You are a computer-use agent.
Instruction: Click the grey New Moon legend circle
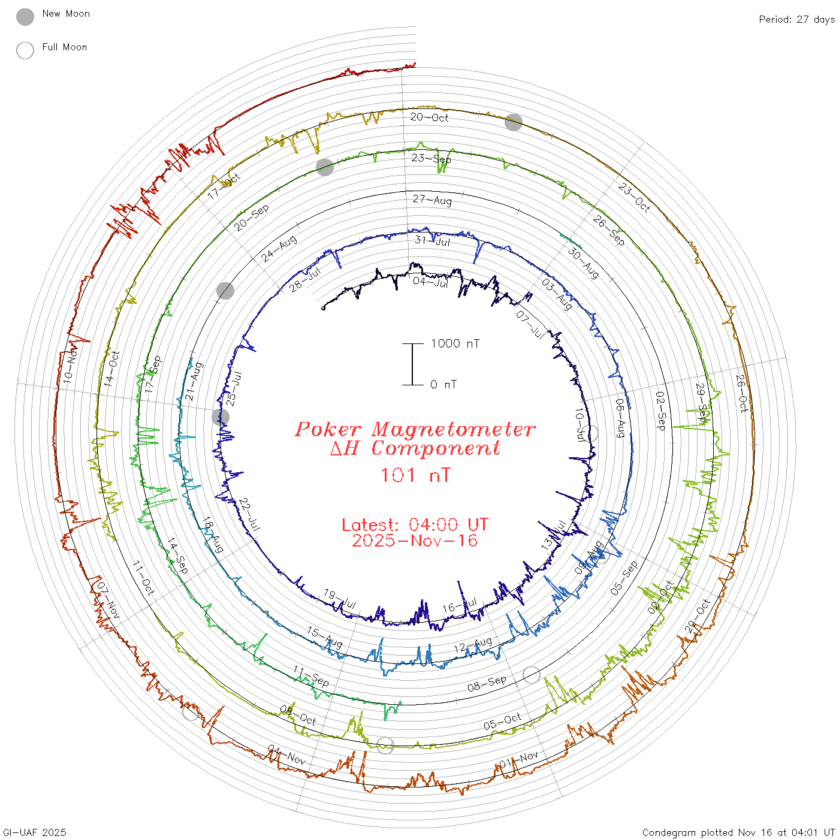click(x=25, y=17)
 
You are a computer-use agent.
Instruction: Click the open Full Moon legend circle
click(x=25, y=50)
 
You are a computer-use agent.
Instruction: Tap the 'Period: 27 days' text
click(x=796, y=19)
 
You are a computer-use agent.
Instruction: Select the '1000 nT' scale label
click(x=455, y=343)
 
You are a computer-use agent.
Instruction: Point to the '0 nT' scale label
click(x=443, y=384)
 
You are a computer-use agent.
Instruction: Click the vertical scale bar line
click(x=412, y=364)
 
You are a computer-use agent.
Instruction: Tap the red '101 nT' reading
click(x=415, y=475)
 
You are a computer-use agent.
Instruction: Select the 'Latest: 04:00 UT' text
click(x=415, y=525)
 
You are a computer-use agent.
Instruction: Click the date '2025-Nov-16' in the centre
click(x=415, y=541)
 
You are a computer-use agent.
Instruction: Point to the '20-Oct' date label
click(x=429, y=117)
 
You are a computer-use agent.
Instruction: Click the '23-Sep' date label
click(x=431, y=158)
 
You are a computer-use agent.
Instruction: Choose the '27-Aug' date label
click(x=432, y=200)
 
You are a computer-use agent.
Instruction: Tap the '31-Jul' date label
click(x=432, y=241)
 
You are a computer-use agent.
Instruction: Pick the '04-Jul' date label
click(x=430, y=282)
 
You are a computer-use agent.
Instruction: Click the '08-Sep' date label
click(x=487, y=684)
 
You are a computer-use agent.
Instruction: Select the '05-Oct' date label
click(x=502, y=722)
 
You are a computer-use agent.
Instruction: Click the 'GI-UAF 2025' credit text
click(x=34, y=832)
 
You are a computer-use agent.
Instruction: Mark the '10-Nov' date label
click(x=70, y=367)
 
